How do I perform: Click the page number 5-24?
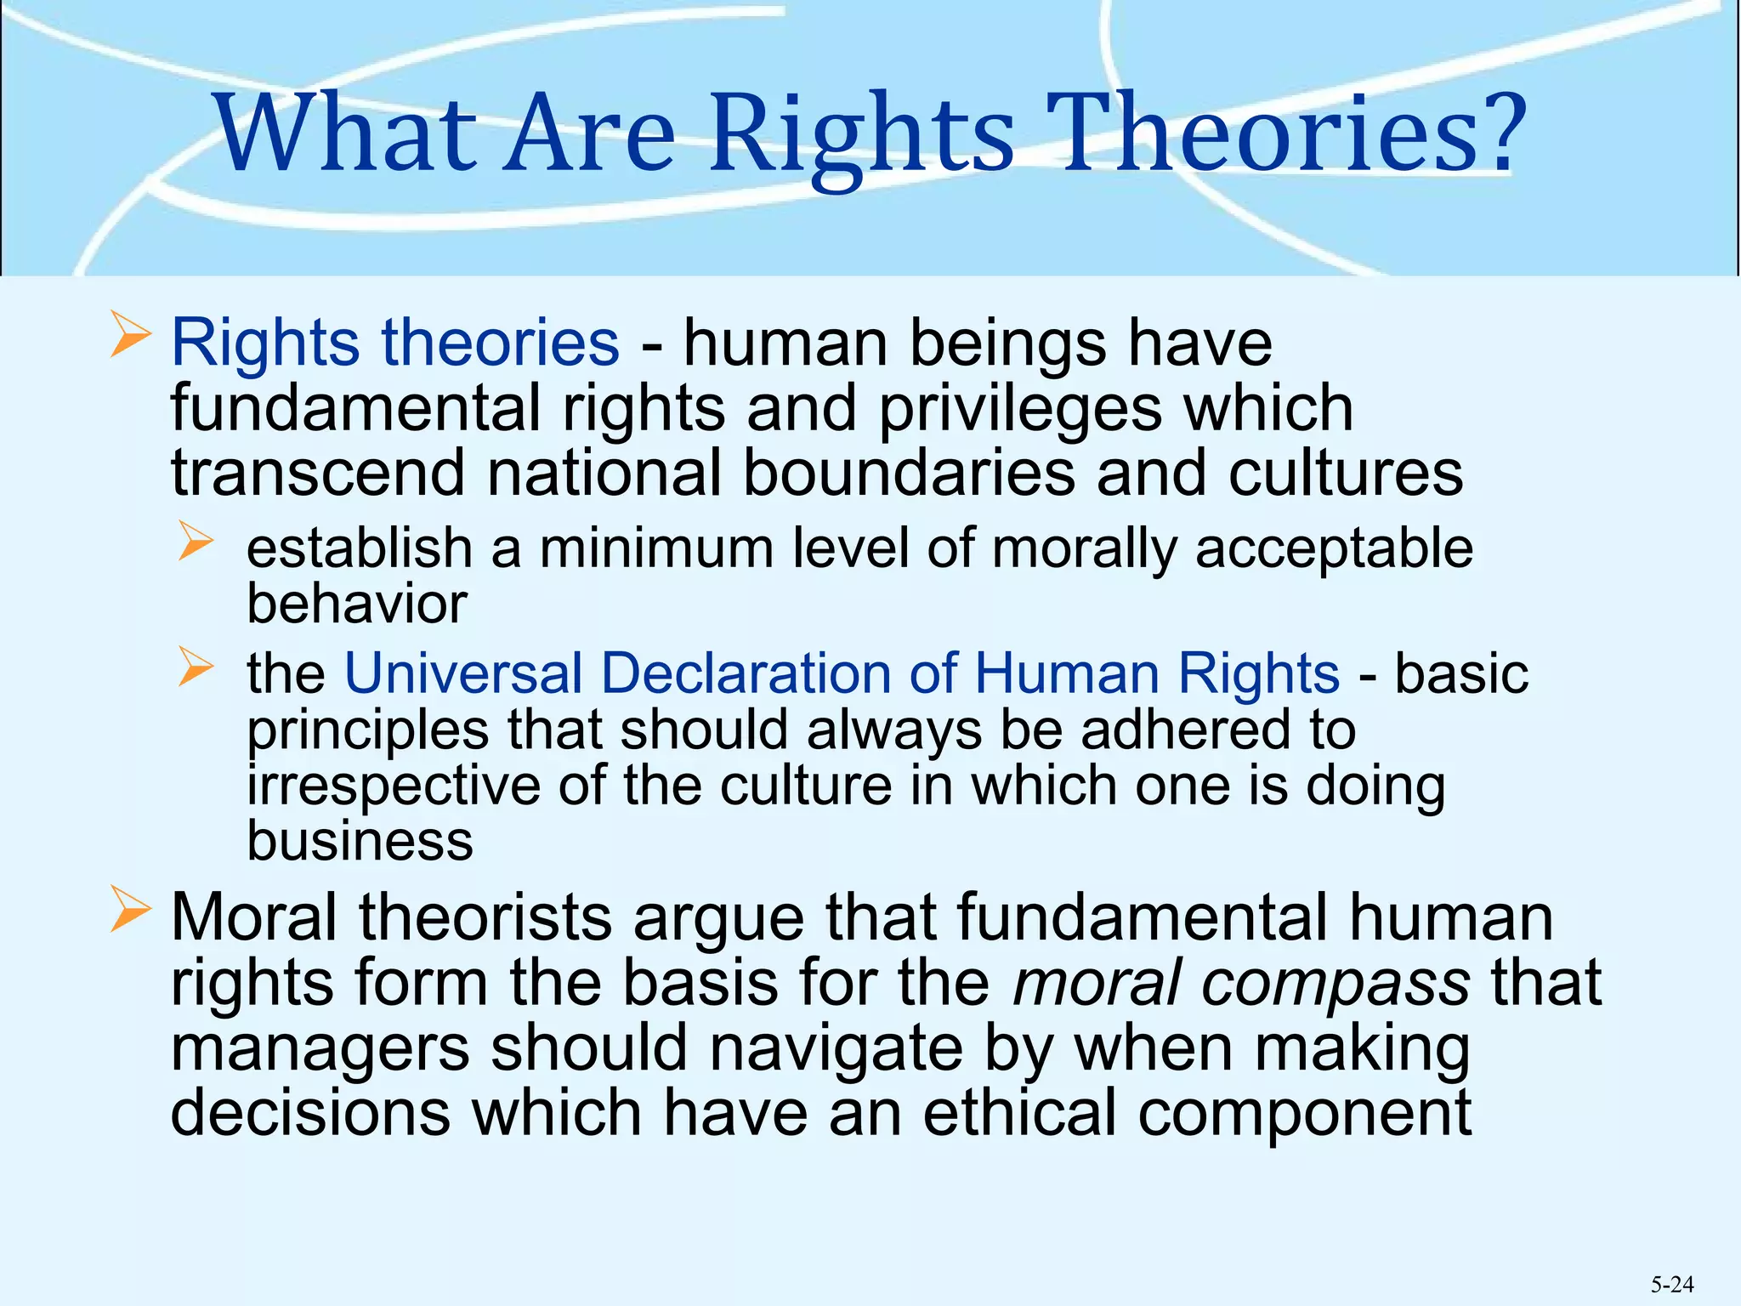pos(1672,1285)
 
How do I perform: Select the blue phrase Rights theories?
pos(395,343)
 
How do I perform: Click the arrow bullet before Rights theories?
pos(130,334)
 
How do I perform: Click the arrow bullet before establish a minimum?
pos(196,542)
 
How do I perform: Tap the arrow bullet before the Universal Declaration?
pos(196,667)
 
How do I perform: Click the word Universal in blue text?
pos(463,673)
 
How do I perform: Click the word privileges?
pos(1020,409)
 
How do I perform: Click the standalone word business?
pos(360,841)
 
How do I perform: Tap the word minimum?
pos(656,548)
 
